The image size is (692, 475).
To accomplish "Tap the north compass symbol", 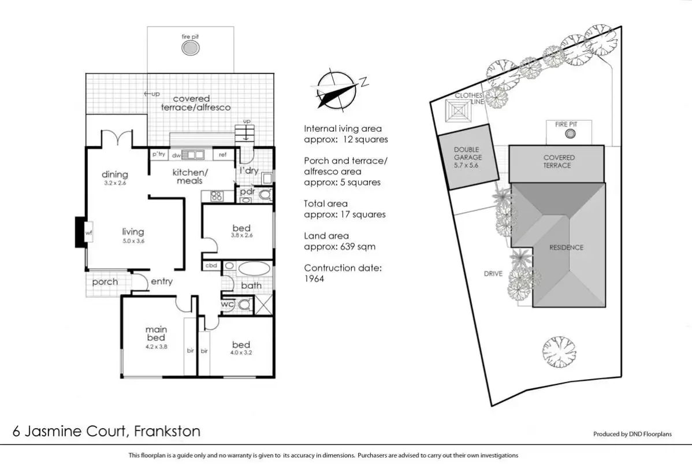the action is coord(335,89).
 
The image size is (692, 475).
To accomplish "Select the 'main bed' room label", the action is coord(156,334).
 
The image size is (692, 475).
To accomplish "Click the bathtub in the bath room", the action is coord(247,269).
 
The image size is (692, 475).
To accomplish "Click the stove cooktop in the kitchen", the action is coord(217,195).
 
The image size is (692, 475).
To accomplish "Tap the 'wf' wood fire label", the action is coord(88,232).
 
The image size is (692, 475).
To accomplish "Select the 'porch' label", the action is coord(105,282).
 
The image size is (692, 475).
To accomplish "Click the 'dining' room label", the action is coord(114,175).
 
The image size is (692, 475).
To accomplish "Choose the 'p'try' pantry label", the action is coord(158,154).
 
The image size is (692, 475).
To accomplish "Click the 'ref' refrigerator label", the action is coord(222,155).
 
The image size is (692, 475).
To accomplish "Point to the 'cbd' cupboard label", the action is coord(210,265).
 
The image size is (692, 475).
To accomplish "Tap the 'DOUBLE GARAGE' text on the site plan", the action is coord(466,153).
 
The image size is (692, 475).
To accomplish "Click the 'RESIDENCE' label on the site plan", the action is coord(567,247).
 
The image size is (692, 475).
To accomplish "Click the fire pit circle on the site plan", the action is coord(570,135).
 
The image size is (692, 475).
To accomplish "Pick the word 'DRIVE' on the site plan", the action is coord(494,273).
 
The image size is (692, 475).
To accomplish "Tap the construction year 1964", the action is coord(315,279).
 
